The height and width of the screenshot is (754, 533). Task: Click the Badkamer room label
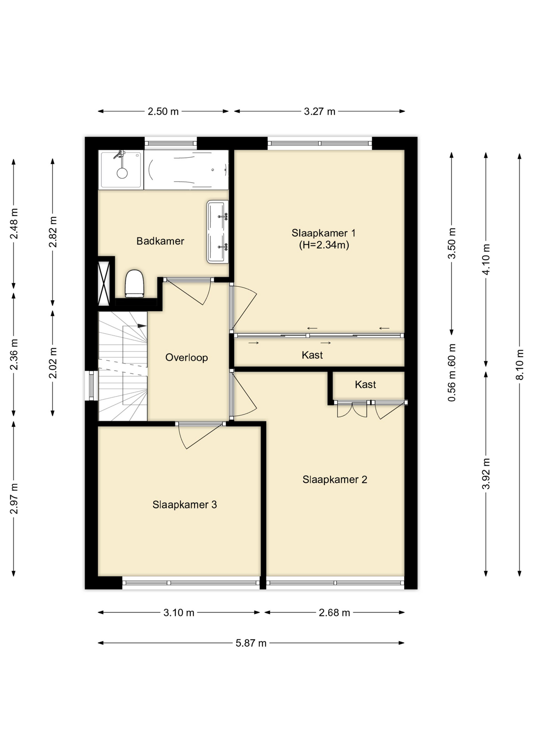(160, 241)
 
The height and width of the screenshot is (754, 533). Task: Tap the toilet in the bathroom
(134, 284)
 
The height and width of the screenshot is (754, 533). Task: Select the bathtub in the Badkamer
(186, 170)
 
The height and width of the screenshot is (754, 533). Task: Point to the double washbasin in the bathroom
(217, 232)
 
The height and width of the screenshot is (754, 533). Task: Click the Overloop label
(186, 357)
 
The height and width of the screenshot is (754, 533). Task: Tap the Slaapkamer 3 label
(184, 505)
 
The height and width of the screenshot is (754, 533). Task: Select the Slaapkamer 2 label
(335, 479)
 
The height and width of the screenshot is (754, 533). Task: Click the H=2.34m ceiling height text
(324, 245)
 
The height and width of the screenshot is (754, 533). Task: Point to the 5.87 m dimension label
(251, 643)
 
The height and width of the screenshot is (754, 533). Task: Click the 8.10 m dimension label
(520, 364)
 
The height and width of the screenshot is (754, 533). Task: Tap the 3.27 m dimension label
(319, 112)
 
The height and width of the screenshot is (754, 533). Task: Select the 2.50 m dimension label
(163, 112)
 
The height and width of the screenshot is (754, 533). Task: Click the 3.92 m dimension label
(486, 474)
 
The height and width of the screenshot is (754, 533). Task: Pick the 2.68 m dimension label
(334, 613)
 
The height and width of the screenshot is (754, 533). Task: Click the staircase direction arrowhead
(142, 326)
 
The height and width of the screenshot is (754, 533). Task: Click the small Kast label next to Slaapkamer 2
(365, 384)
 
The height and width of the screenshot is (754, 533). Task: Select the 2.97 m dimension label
(14, 499)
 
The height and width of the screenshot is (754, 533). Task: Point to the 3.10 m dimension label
(179, 613)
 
